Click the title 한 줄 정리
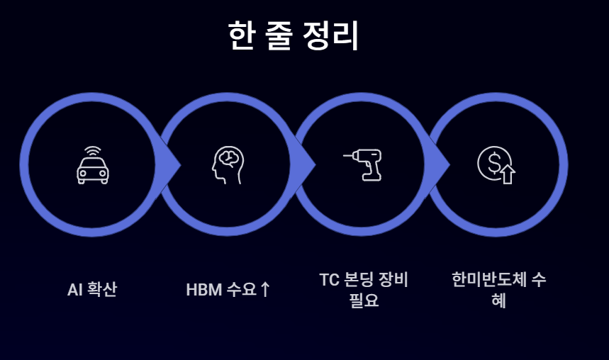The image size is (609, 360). [294, 35]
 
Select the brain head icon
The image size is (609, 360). [227, 165]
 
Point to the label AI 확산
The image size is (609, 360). [92, 289]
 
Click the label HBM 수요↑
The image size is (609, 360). [228, 289]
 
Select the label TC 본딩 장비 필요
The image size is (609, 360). [364, 289]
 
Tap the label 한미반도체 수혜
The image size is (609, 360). [498, 289]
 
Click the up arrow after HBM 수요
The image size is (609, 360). [265, 289]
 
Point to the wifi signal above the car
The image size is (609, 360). [93, 152]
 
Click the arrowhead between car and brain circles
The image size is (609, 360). [172, 165]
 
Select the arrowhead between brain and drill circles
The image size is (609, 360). [307, 165]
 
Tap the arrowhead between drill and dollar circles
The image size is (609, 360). [441, 165]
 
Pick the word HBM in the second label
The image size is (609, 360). [203, 289]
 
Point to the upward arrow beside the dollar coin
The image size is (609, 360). [508, 174]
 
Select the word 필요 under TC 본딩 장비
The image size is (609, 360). [364, 300]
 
